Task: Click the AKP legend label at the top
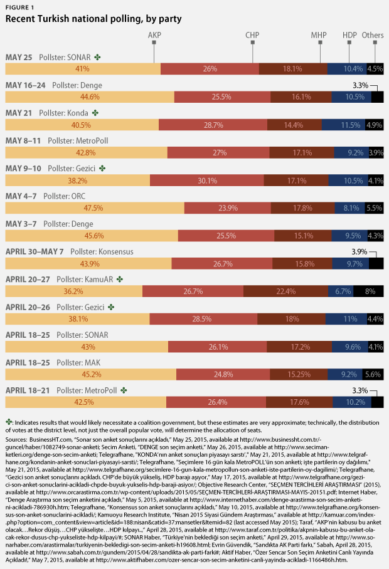pyautogui.click(x=154, y=36)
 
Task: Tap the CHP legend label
pyautogui.click(x=252, y=36)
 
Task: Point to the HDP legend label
pyautogui.click(x=349, y=36)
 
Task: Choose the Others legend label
pyautogui.click(x=373, y=36)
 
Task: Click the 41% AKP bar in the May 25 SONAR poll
pyautogui.click(x=82, y=68)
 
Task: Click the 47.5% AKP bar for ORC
pyautogui.click(x=94, y=207)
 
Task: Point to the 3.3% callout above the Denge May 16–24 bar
pyautogui.click(x=360, y=85)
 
